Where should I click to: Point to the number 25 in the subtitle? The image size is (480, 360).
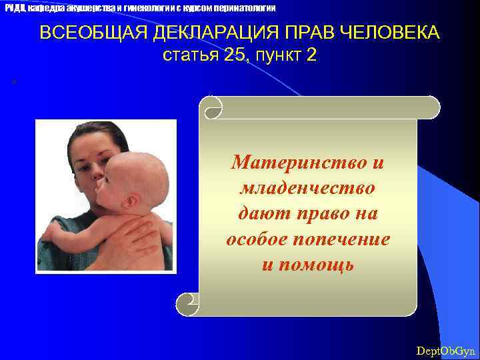coord(235,55)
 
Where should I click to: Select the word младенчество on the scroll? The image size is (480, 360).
coord(307,188)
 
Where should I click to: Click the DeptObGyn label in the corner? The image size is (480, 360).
coord(445,350)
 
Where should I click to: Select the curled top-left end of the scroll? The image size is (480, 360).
coord(213,107)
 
